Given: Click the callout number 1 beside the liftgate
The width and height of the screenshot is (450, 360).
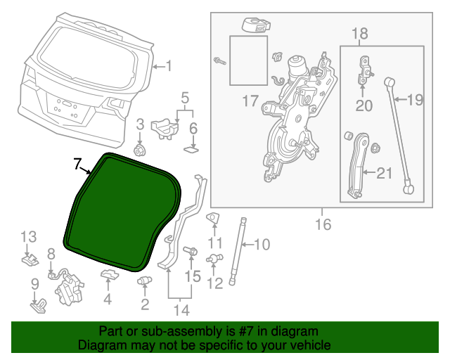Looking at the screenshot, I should (x=168, y=66).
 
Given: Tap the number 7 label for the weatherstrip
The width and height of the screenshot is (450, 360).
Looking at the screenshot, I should (x=78, y=164).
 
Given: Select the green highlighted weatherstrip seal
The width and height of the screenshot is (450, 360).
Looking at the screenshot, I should (x=123, y=211).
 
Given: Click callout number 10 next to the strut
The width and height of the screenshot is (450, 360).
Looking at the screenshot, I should (x=261, y=245).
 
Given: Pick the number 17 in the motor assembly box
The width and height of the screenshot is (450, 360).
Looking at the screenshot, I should (x=250, y=101).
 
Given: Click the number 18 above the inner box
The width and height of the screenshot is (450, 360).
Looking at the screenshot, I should (x=359, y=33).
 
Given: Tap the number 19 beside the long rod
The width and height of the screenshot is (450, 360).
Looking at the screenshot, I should (x=415, y=100).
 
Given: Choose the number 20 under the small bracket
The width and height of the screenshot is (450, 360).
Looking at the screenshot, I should (x=364, y=105).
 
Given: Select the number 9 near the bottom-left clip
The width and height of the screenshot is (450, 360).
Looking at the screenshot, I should (x=34, y=284).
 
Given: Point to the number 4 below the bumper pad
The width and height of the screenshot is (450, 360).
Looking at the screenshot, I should (x=108, y=299).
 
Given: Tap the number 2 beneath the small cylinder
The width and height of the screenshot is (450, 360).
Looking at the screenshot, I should (x=145, y=304).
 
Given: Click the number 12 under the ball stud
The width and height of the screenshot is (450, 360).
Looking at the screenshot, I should (x=214, y=283).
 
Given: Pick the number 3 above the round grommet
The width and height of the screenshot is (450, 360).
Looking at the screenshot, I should (x=139, y=124).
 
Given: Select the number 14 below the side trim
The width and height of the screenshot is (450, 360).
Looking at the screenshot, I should (x=182, y=309).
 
